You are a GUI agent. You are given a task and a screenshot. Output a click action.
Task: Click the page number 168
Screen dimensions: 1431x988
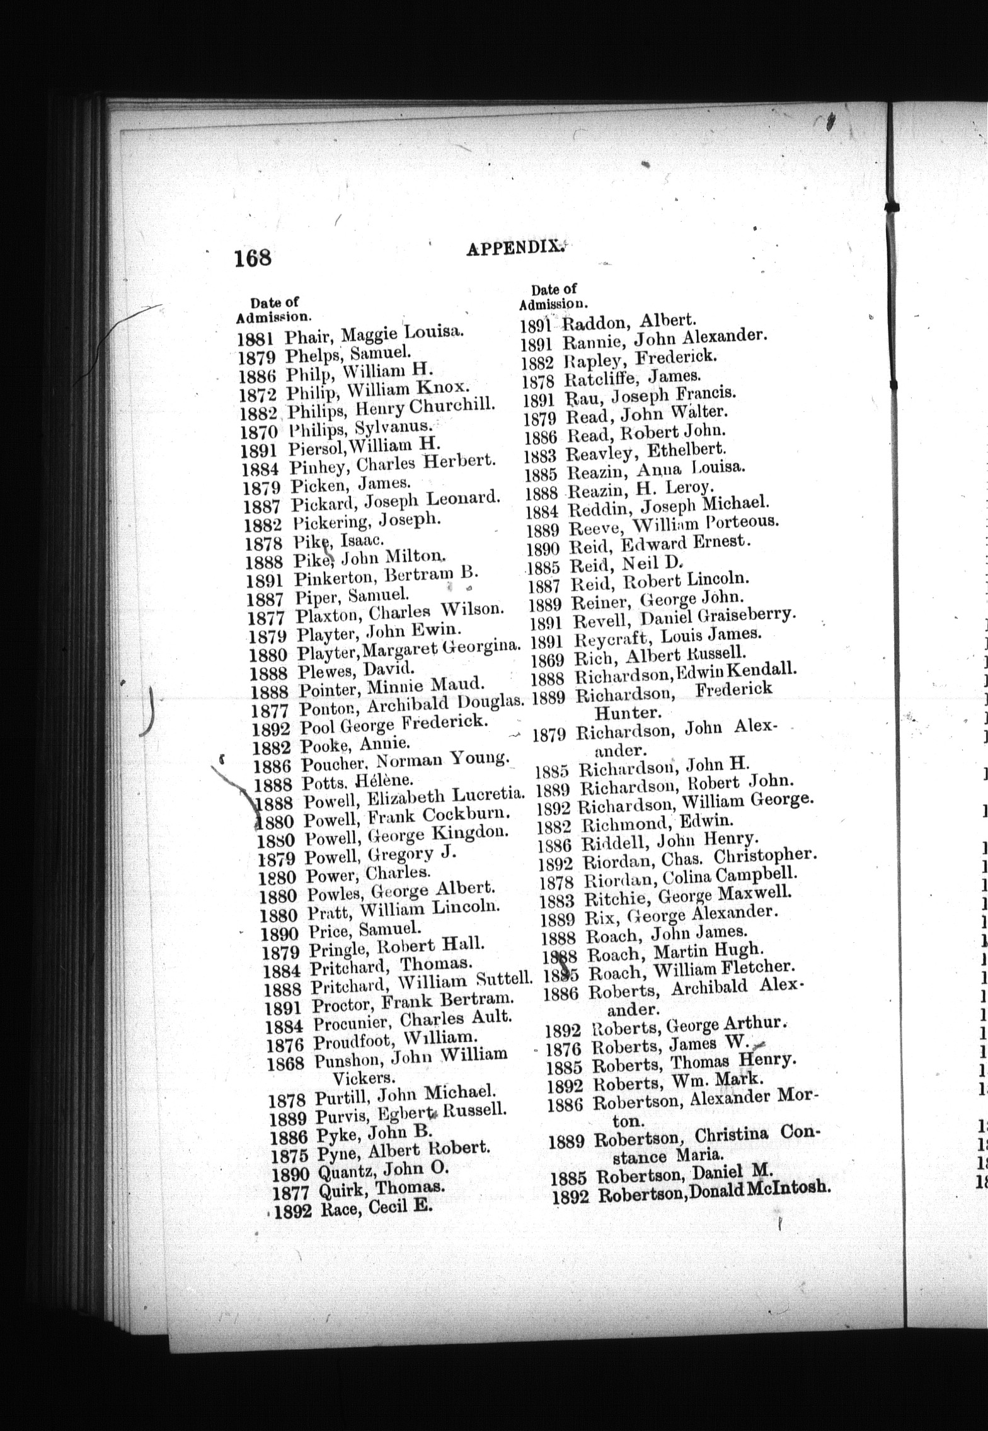(x=253, y=258)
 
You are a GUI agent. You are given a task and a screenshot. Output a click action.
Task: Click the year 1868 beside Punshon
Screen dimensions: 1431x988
(x=285, y=1063)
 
